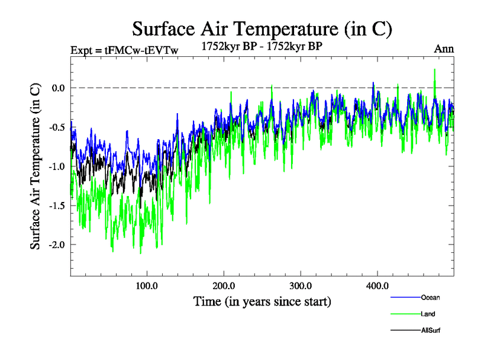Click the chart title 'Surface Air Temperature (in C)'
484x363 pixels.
click(x=262, y=28)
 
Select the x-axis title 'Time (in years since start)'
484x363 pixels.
click(x=262, y=301)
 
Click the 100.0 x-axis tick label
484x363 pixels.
click(x=147, y=286)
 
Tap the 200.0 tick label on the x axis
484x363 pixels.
click(x=224, y=286)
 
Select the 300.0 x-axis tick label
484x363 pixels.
click(x=301, y=286)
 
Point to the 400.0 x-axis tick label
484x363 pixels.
click(x=378, y=286)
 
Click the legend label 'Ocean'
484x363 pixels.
click(x=430, y=298)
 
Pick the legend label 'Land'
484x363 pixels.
click(x=428, y=314)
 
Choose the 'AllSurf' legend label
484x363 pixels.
click(x=432, y=330)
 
